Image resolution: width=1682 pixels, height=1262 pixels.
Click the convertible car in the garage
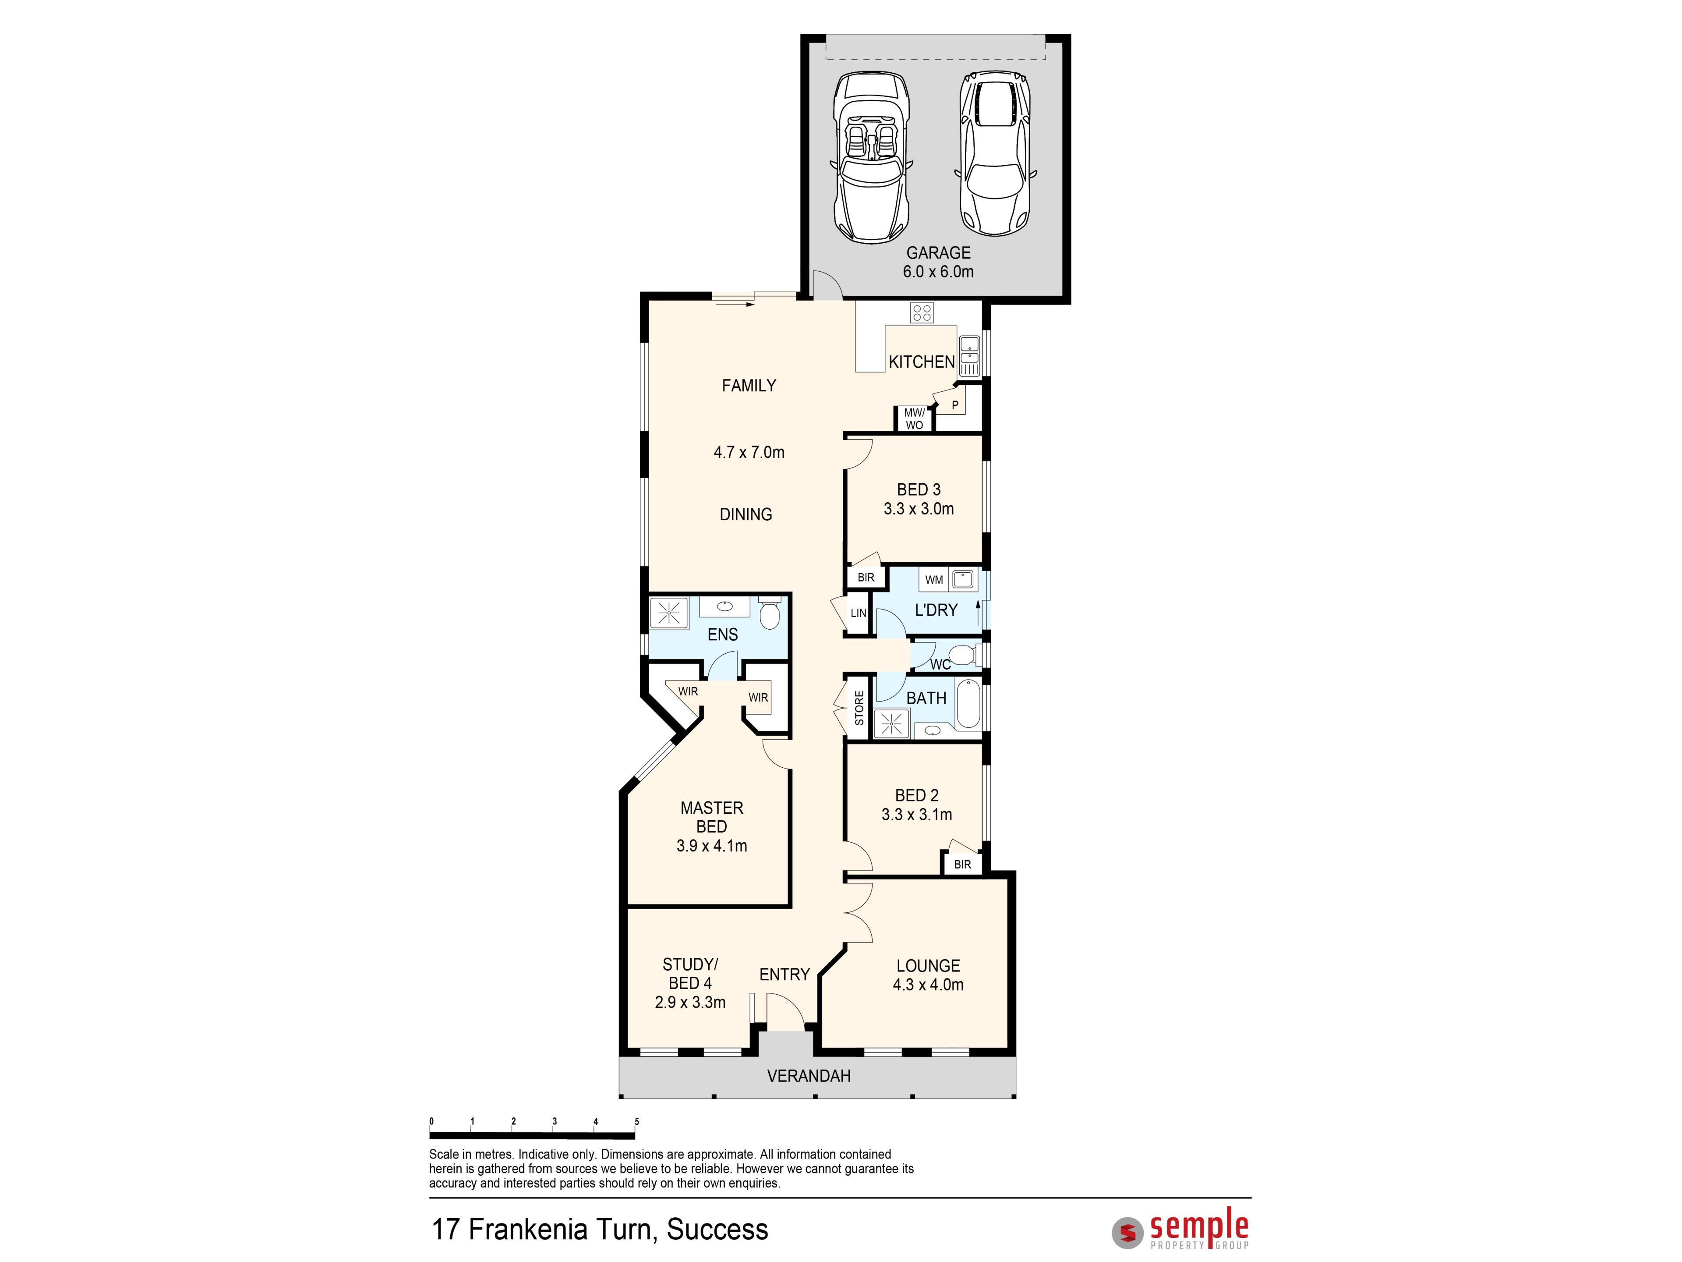pyautogui.click(x=871, y=157)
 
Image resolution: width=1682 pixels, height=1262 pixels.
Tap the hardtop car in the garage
pyautogui.click(x=995, y=154)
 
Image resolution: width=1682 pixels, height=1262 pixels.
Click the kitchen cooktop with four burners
pyautogui.click(x=922, y=312)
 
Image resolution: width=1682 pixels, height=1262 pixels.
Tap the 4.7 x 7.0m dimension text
pyautogui.click(x=749, y=452)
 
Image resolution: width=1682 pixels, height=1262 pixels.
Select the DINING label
pyautogui.click(x=746, y=514)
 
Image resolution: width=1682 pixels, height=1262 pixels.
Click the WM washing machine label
pyautogui.click(x=934, y=580)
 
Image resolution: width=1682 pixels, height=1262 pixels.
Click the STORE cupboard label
pyautogui.click(x=859, y=707)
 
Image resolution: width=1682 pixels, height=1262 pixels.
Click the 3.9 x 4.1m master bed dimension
pyautogui.click(x=712, y=845)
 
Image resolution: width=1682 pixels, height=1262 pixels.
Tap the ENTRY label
pyautogui.click(x=785, y=975)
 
